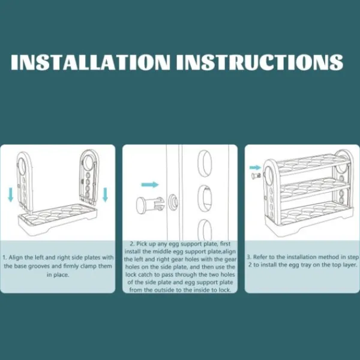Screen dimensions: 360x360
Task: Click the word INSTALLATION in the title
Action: pos(91,62)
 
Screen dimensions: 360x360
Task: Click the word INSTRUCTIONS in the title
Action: pos(260,62)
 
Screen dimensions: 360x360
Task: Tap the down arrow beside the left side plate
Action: pos(10,194)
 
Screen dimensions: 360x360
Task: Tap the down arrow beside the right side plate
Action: pos(105,194)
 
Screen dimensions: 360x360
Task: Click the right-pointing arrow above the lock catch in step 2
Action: pos(149,185)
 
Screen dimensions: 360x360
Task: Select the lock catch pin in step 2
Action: pos(151,205)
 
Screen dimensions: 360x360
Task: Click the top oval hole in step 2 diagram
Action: pos(205,163)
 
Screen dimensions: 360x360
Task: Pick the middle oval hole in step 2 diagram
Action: pos(205,199)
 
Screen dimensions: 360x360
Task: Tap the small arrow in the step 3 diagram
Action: pos(256,167)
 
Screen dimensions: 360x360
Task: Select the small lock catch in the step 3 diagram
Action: pos(256,176)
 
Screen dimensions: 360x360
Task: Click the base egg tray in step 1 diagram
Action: pos(58,220)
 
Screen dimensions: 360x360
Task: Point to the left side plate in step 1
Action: pos(25,181)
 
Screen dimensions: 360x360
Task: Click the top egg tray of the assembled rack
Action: pos(313,164)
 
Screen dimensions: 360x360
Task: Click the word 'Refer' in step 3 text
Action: pos(260,257)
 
